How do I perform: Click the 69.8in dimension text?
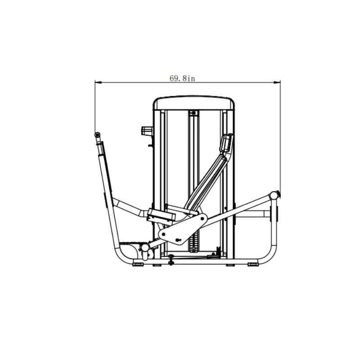[182, 78]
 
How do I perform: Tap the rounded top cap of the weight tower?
[194, 103]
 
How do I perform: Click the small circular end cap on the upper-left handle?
[96, 134]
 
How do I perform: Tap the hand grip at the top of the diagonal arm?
[226, 144]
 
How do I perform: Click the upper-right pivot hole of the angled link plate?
[201, 219]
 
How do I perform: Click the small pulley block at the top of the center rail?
[194, 113]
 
